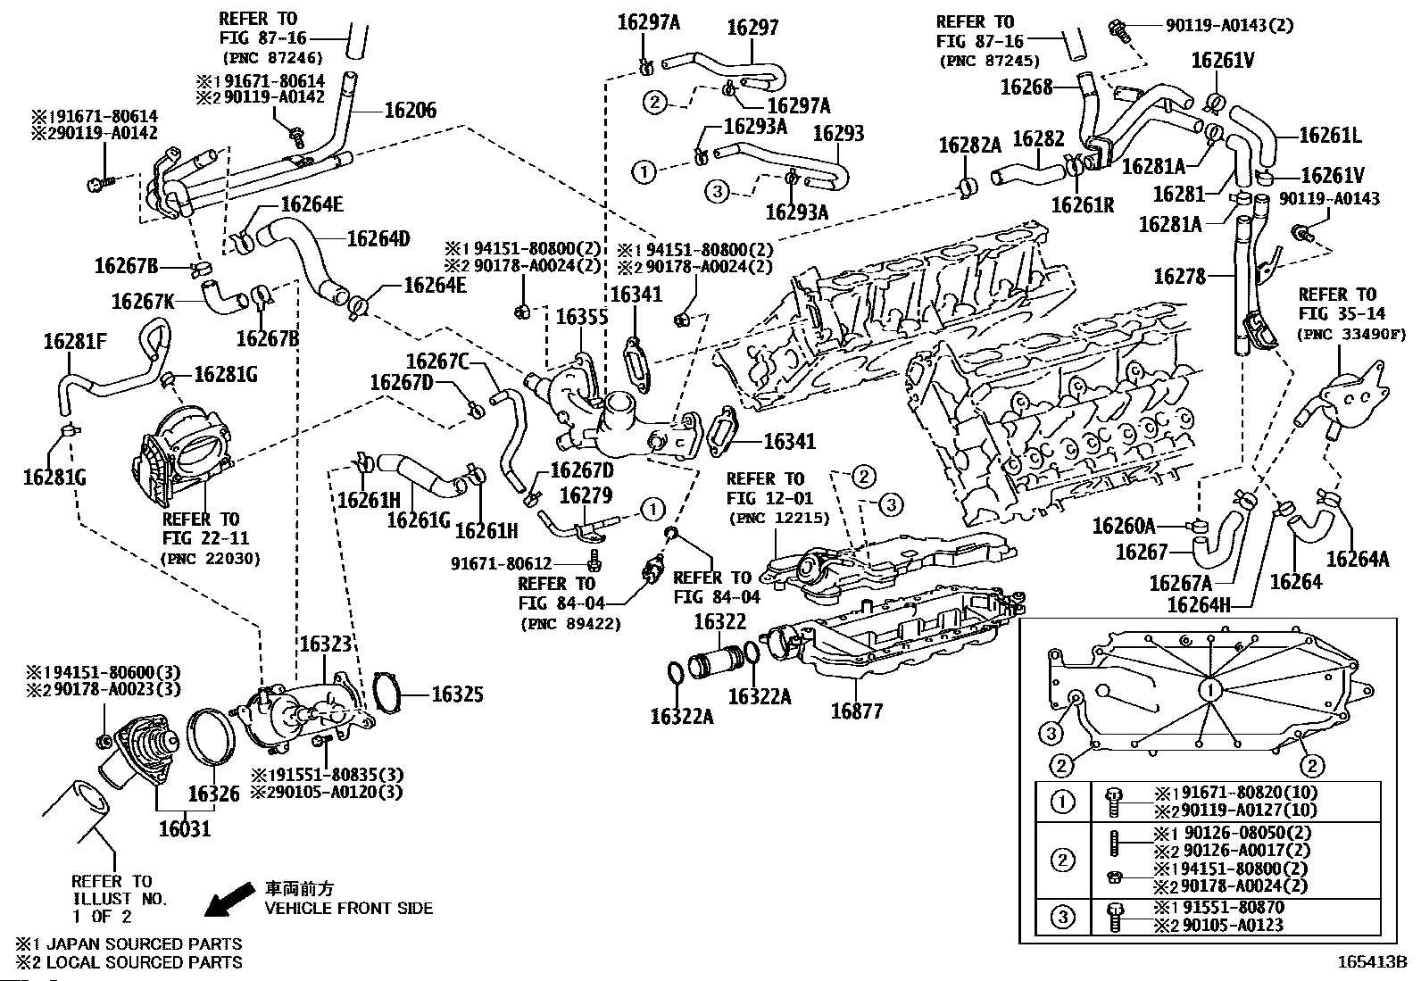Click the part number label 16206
[411, 111]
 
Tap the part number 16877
[856, 711]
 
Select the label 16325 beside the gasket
[457, 694]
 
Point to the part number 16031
[185, 828]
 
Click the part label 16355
[581, 317]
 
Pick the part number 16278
[1179, 277]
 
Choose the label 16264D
[378, 238]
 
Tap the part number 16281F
[75, 342]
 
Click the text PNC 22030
[210, 559]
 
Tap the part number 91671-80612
[501, 563]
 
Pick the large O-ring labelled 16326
[213, 736]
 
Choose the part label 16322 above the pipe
[719, 621]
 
